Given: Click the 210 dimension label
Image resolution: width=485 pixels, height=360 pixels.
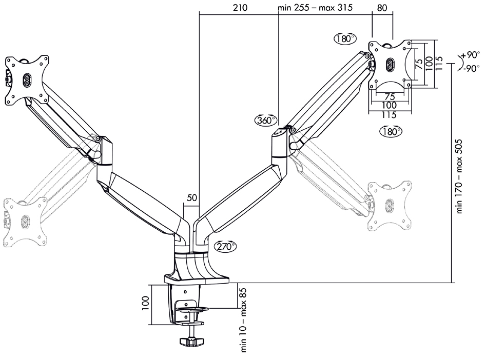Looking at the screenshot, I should pyautogui.click(x=240, y=8).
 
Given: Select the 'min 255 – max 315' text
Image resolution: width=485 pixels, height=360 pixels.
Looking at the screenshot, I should pyautogui.click(x=318, y=8).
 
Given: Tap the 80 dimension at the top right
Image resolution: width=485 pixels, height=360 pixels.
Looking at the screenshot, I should pyautogui.click(x=382, y=8).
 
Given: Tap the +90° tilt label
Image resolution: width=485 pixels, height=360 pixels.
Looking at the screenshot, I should pyautogui.click(x=470, y=55).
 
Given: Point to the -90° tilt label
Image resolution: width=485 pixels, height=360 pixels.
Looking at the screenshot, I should pyautogui.click(x=470, y=68).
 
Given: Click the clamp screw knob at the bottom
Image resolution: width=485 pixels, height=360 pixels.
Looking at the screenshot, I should pyautogui.click(x=191, y=341).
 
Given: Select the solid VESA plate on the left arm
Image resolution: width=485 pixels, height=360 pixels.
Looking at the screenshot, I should pyautogui.click(x=27, y=80).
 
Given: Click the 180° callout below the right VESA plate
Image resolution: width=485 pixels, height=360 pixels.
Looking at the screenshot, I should pyautogui.click(x=391, y=131).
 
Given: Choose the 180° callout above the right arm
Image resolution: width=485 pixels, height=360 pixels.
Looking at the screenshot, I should pyautogui.click(x=345, y=38).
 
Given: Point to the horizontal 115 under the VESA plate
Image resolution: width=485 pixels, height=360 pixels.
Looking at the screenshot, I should pyautogui.click(x=390, y=115).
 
